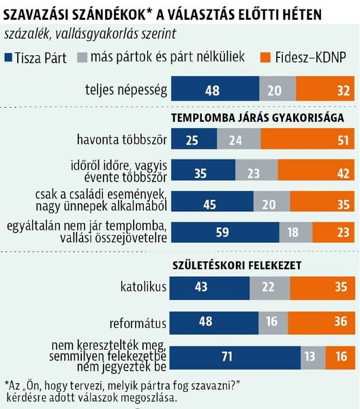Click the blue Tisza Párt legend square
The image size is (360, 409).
(x=8, y=59)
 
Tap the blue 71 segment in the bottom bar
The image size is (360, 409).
(x=235, y=357)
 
